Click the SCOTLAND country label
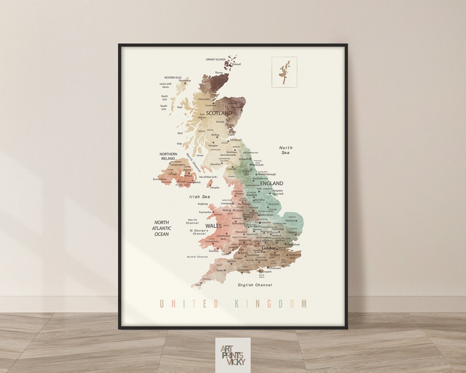pos(219,113)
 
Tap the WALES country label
pos(214,226)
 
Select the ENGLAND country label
pos(272,183)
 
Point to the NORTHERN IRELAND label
pos(168,156)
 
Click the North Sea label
pos(286,150)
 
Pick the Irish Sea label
pos(200,197)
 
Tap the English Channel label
pos(255,285)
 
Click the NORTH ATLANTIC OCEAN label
pos(162,228)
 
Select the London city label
pos(269,248)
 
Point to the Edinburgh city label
pos(236,140)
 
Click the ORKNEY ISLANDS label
pos(216,59)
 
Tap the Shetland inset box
pos(284,72)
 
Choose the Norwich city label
pos(290,221)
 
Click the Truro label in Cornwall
pos(198,285)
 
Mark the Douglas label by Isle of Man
pos(215,187)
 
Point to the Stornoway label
pos(185,81)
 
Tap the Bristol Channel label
pos(197,257)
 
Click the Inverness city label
pos(211,105)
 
